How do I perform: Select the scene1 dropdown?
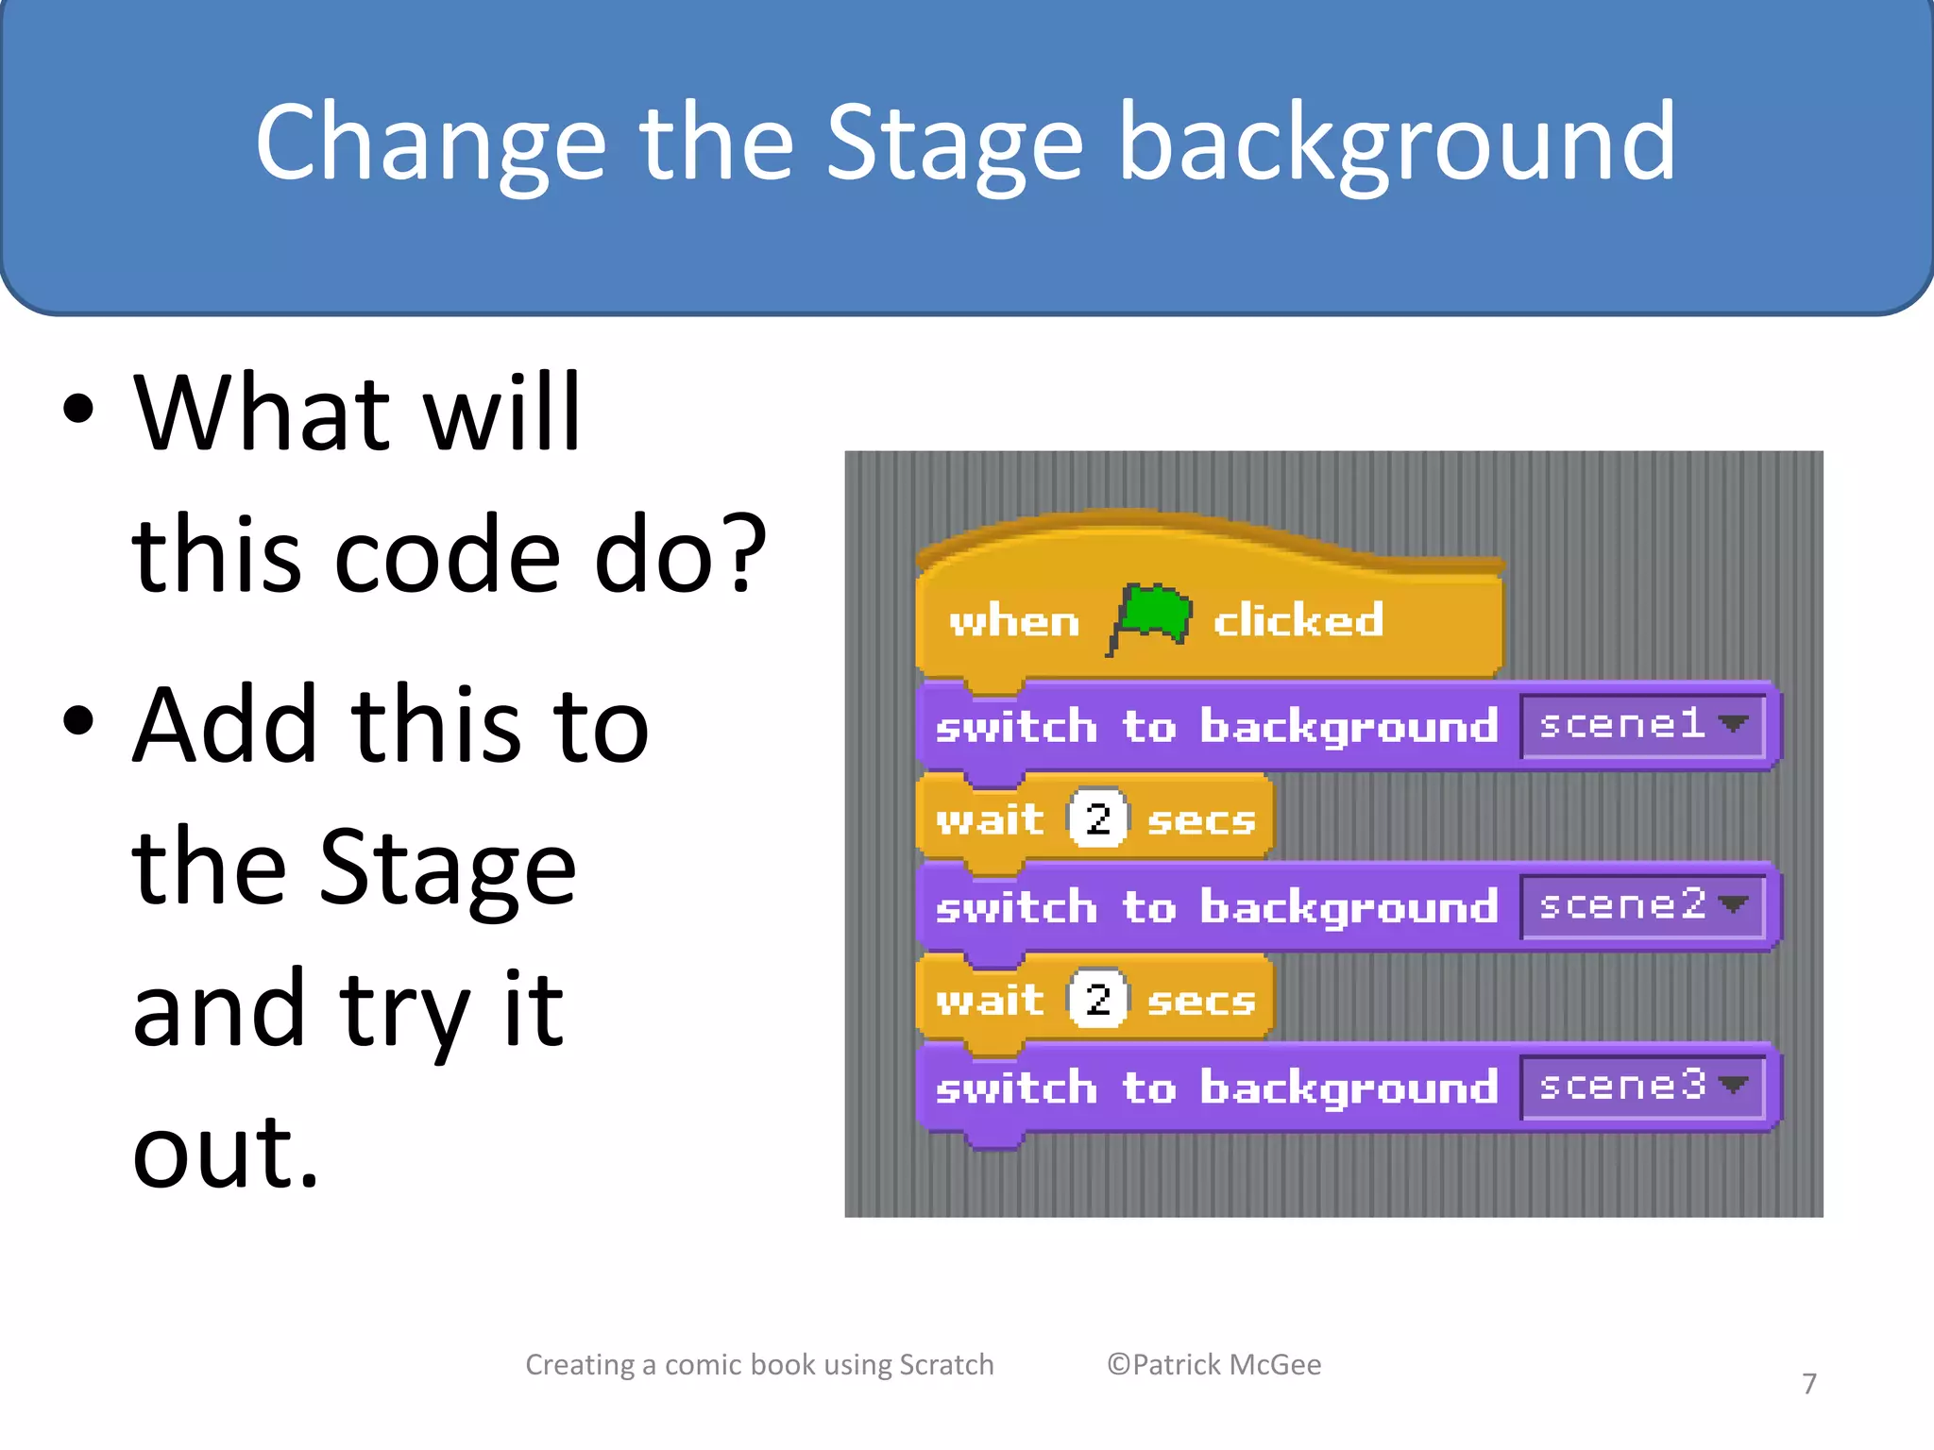coord(1642,725)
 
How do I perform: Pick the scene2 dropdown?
coord(1642,906)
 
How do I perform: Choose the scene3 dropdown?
coord(1642,1087)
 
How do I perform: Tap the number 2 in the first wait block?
coord(1097,818)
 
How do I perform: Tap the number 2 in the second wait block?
coord(1097,999)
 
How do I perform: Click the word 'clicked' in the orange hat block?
coord(1298,621)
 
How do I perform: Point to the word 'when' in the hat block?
coord(1014,622)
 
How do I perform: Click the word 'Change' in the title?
coord(430,143)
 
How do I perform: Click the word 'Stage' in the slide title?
coord(954,143)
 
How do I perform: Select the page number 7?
coord(1808,1384)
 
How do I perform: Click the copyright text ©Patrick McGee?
coord(1213,1364)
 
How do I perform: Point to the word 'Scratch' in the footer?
coord(945,1364)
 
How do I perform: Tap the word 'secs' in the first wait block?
coord(1200,820)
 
